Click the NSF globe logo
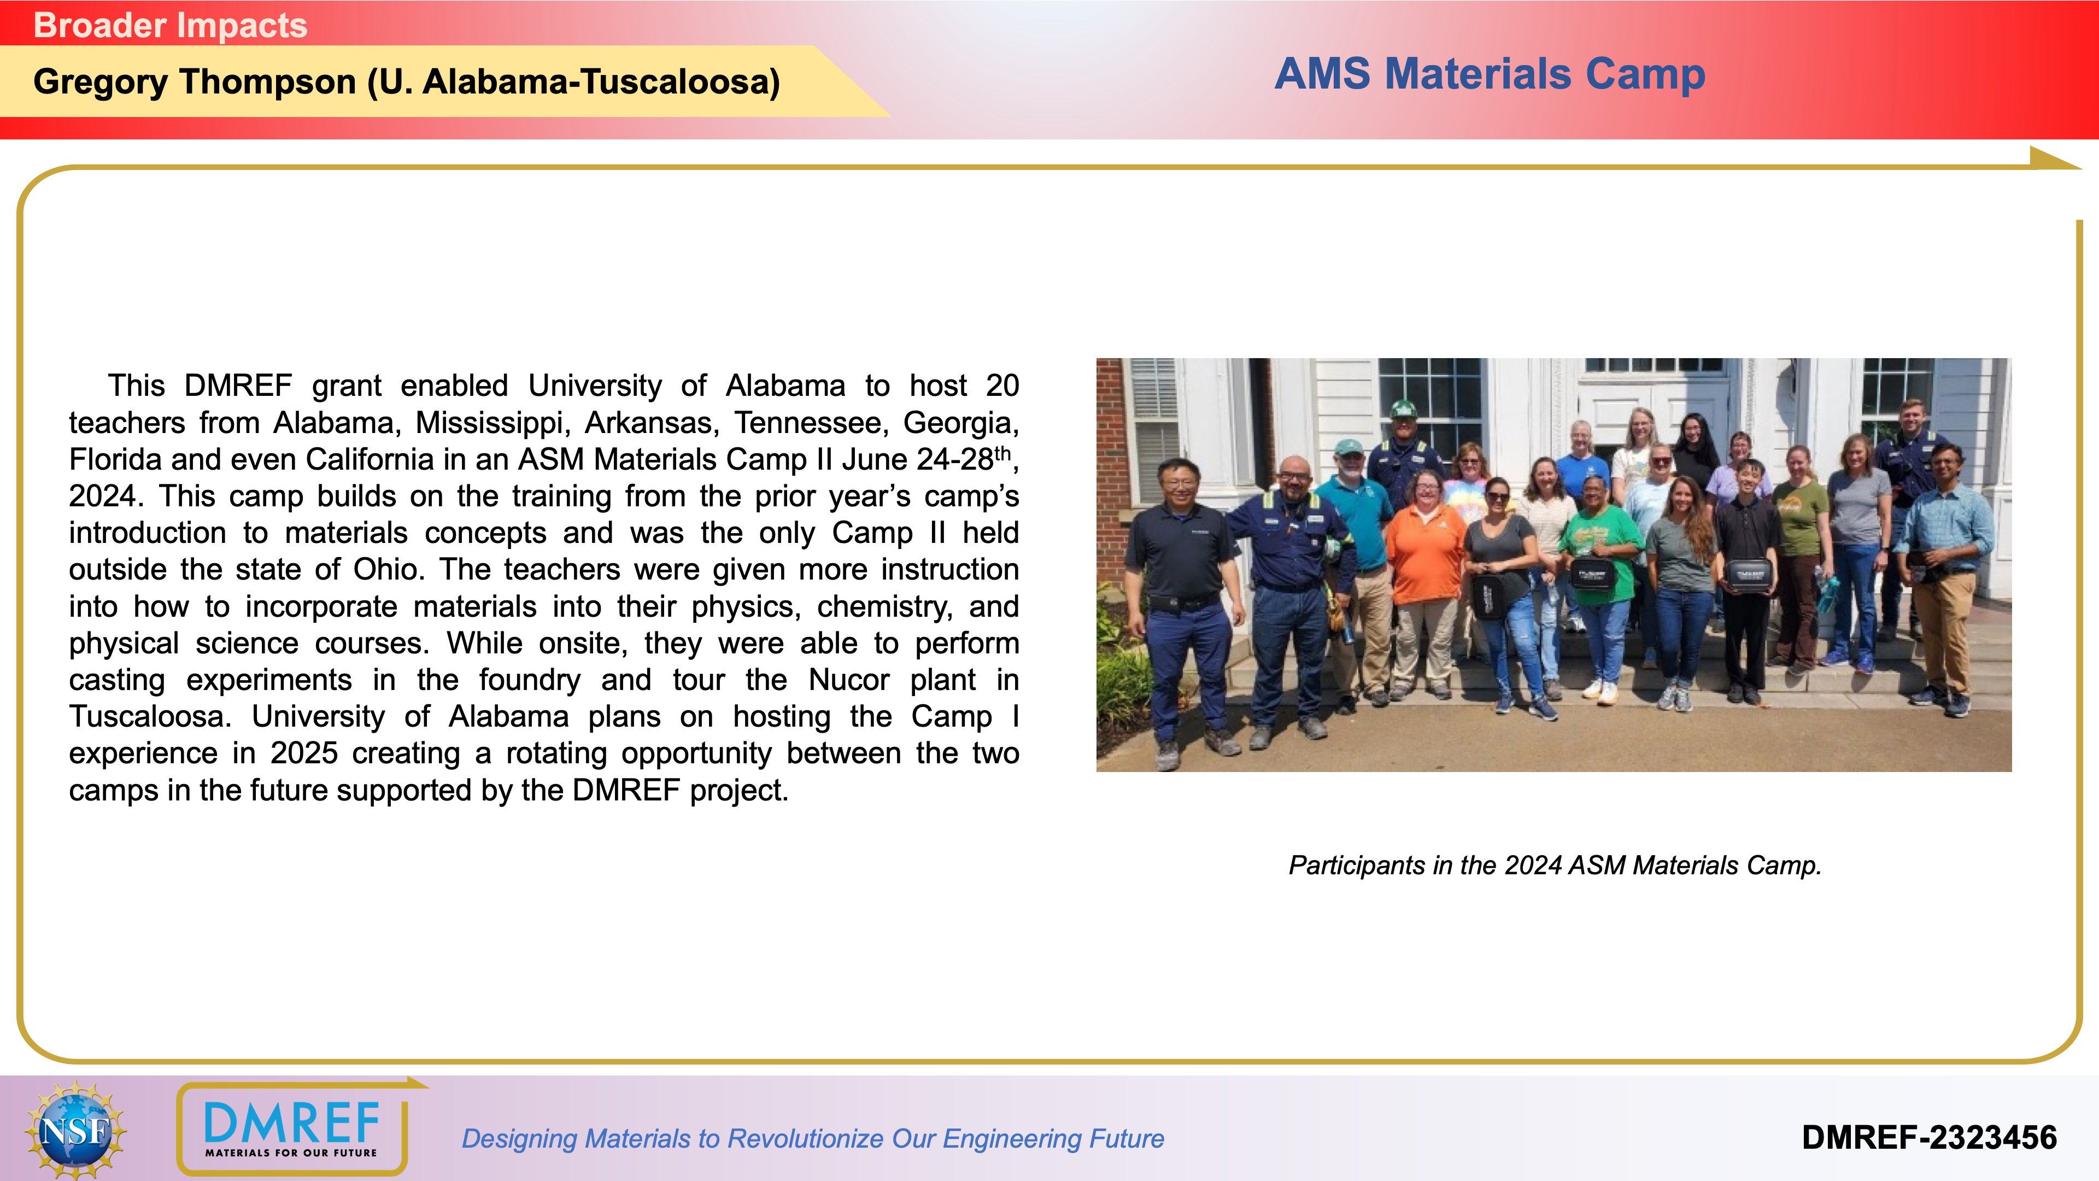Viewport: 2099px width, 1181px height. [75, 1130]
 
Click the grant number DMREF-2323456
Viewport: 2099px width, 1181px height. [1928, 1138]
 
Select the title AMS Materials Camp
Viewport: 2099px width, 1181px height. [1490, 74]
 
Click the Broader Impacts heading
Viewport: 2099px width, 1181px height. [171, 25]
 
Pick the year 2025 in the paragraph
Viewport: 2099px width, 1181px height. [304, 753]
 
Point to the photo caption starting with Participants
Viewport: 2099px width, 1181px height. [1555, 866]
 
